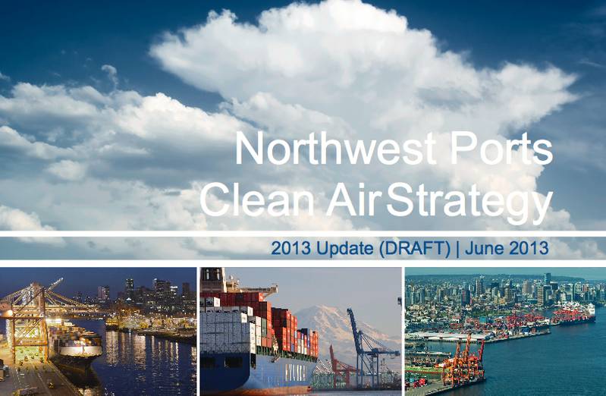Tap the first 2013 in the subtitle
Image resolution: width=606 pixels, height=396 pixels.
pos(287,248)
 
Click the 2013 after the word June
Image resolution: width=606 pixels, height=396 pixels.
pos(529,248)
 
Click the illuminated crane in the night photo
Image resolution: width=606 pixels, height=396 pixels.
pos(30,319)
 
